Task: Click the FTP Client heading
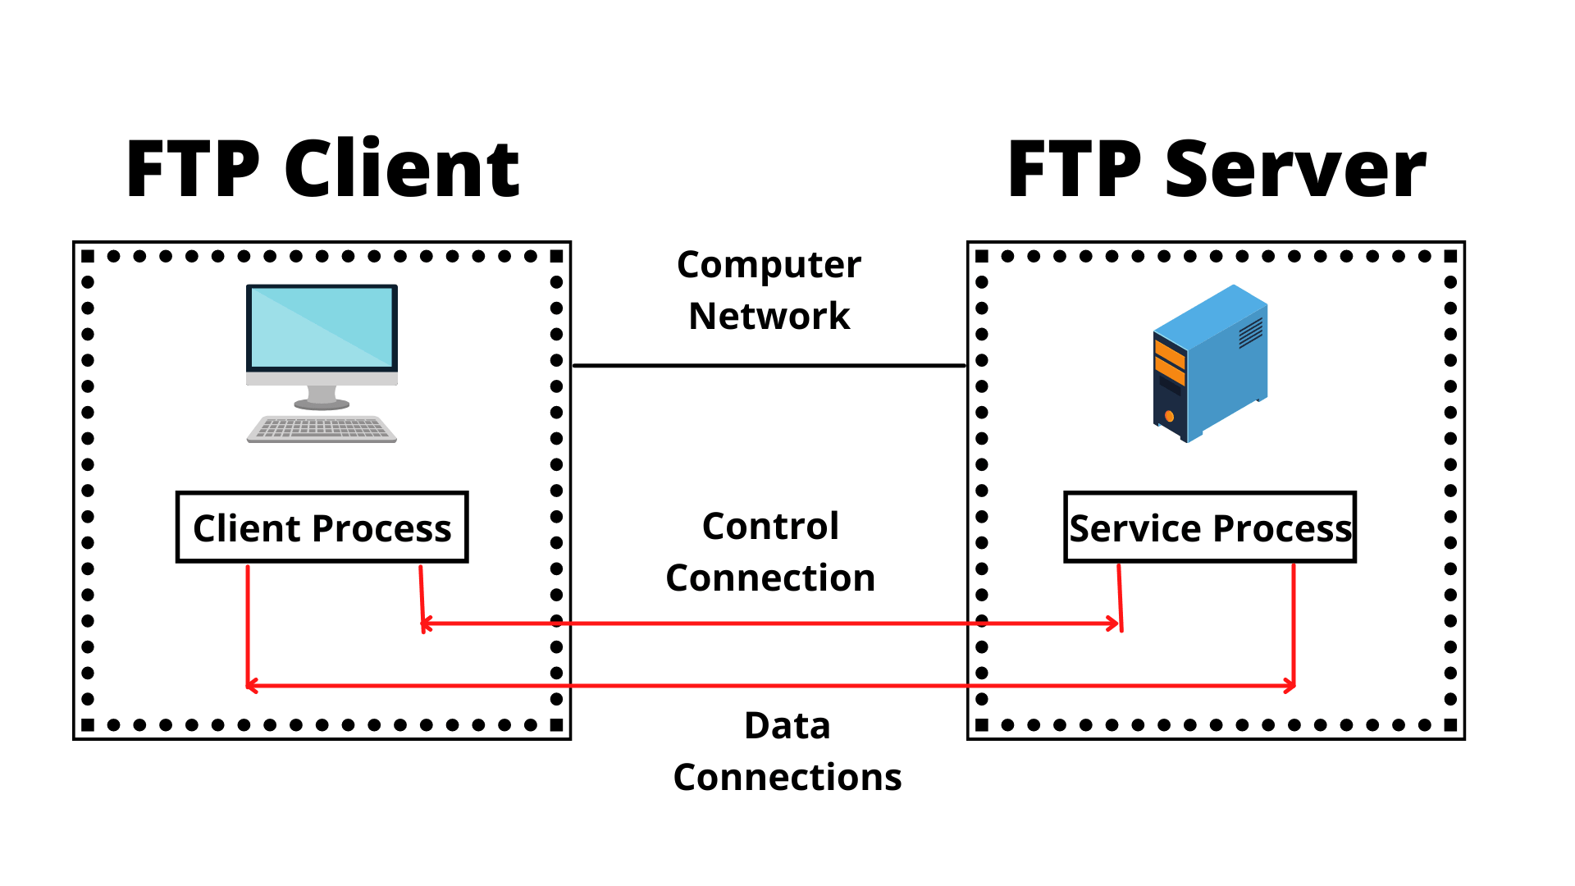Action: pyautogui.click(x=322, y=169)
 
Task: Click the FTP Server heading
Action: pyautogui.click(x=1217, y=169)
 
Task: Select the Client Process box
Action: pyautogui.click(x=322, y=527)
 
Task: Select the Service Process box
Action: pyautogui.click(x=1210, y=527)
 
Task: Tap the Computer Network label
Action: pyautogui.click(x=769, y=290)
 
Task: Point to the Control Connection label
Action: pyautogui.click(x=770, y=551)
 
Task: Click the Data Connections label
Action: pyautogui.click(x=787, y=751)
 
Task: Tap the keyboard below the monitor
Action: pyautogui.click(x=322, y=429)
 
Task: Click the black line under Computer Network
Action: pyautogui.click(x=769, y=365)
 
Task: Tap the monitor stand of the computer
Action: pyautogui.click(x=322, y=397)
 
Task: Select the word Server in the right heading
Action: pyautogui.click(x=1295, y=169)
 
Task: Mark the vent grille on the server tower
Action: pyautogui.click(x=1250, y=332)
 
